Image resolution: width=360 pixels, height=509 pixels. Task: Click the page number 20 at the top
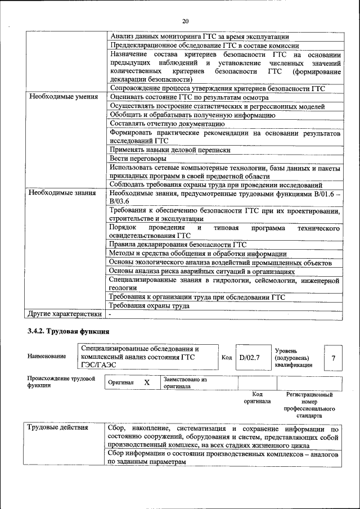tap(185, 21)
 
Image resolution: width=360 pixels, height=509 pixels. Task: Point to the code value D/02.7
tap(249, 357)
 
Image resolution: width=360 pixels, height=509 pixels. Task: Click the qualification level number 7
tap(334, 358)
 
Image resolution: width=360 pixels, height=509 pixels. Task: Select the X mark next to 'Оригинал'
tap(147, 382)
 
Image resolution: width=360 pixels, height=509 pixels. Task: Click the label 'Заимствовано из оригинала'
tap(185, 383)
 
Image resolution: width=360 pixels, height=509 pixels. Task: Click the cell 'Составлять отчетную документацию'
tap(167, 124)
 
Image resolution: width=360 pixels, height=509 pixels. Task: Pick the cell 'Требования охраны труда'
tap(149, 306)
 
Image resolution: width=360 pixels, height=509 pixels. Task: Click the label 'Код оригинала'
tap(257, 398)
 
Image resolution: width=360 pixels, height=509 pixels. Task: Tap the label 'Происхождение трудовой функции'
tap(61, 382)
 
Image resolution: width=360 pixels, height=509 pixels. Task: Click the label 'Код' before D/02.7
tap(227, 357)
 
